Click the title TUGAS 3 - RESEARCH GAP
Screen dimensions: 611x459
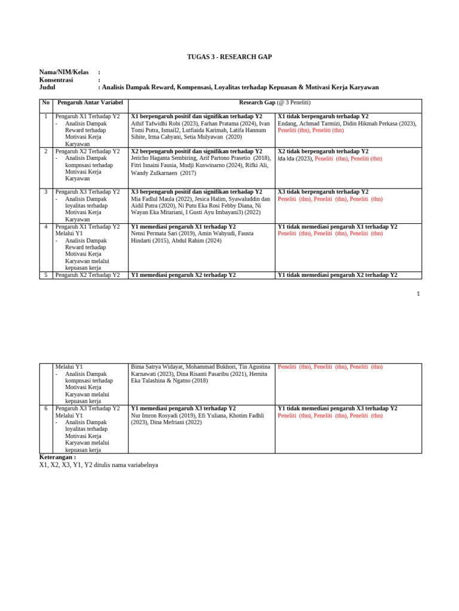pos(229,57)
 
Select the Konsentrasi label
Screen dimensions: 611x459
pos(56,79)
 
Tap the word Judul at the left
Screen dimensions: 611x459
pos(47,87)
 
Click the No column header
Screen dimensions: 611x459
pos(46,103)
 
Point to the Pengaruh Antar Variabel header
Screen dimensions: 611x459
pos(90,103)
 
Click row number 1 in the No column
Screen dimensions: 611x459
pos(46,116)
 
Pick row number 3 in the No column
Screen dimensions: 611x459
pos(46,192)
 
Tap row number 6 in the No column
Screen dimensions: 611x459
pos(46,409)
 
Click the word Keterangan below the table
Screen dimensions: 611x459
pos(58,457)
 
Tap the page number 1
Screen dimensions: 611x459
pos(418,294)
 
